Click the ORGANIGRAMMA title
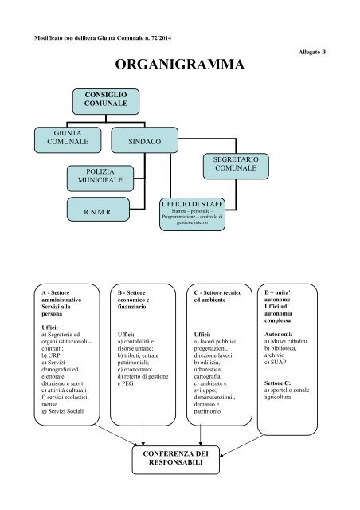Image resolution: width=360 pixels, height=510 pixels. point(179,65)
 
